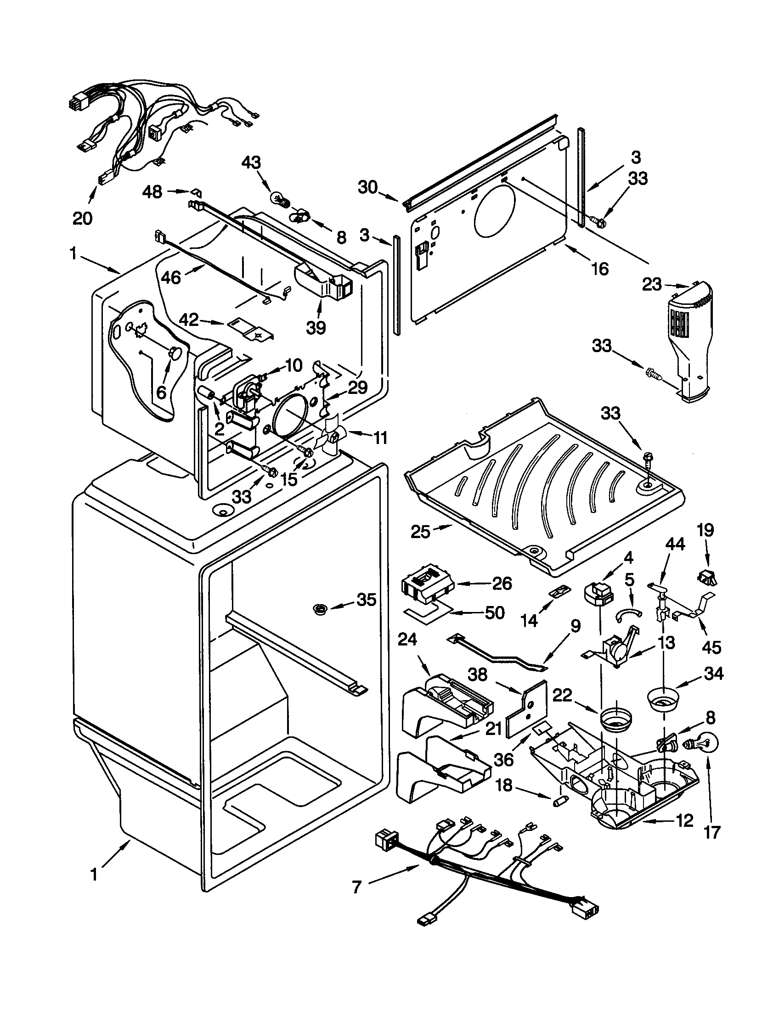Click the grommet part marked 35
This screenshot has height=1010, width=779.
pos(318,610)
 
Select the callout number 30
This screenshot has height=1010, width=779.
pos(367,187)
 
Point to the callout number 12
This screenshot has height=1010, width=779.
pos(685,820)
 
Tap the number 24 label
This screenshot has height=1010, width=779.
pos(407,640)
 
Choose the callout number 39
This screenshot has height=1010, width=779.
pos(316,327)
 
